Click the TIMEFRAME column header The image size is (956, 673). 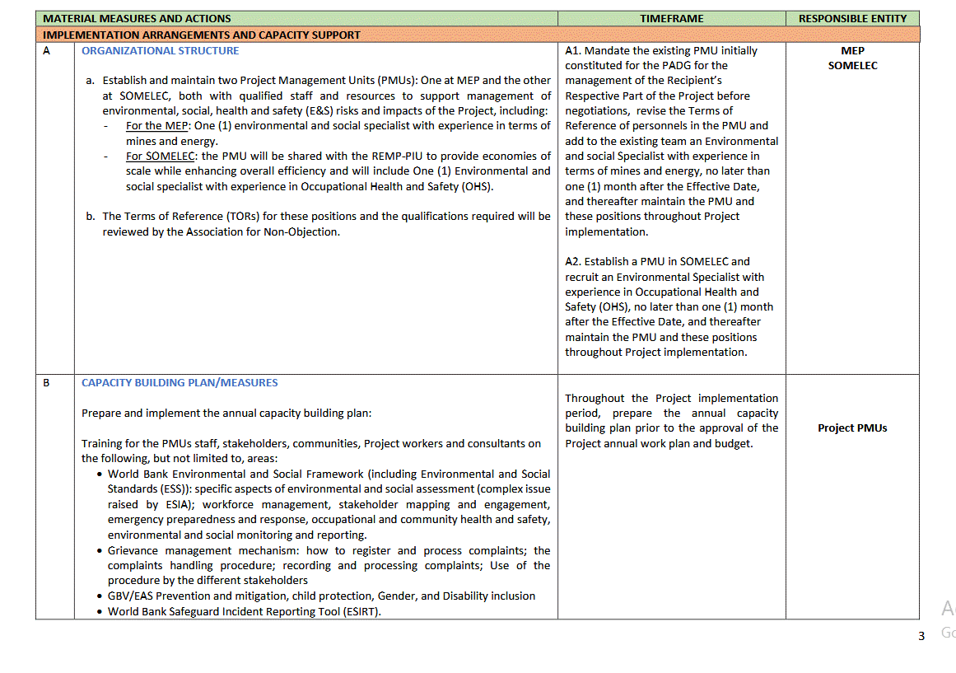tap(671, 18)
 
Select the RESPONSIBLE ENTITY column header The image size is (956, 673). tap(852, 18)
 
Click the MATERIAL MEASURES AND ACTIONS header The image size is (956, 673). tap(137, 18)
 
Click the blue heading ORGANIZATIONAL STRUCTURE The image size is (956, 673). tap(160, 50)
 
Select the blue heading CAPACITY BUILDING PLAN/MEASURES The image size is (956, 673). tap(180, 382)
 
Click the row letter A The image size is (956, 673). tap(46, 50)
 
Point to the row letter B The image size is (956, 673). tap(46, 382)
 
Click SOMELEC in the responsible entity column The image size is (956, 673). tap(852, 66)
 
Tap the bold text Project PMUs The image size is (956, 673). tap(852, 428)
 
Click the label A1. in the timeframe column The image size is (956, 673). tap(573, 50)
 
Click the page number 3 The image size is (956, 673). tap(921, 635)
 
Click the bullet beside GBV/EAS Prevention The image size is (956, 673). tap(100, 596)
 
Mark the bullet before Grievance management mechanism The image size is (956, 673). tap(100, 550)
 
